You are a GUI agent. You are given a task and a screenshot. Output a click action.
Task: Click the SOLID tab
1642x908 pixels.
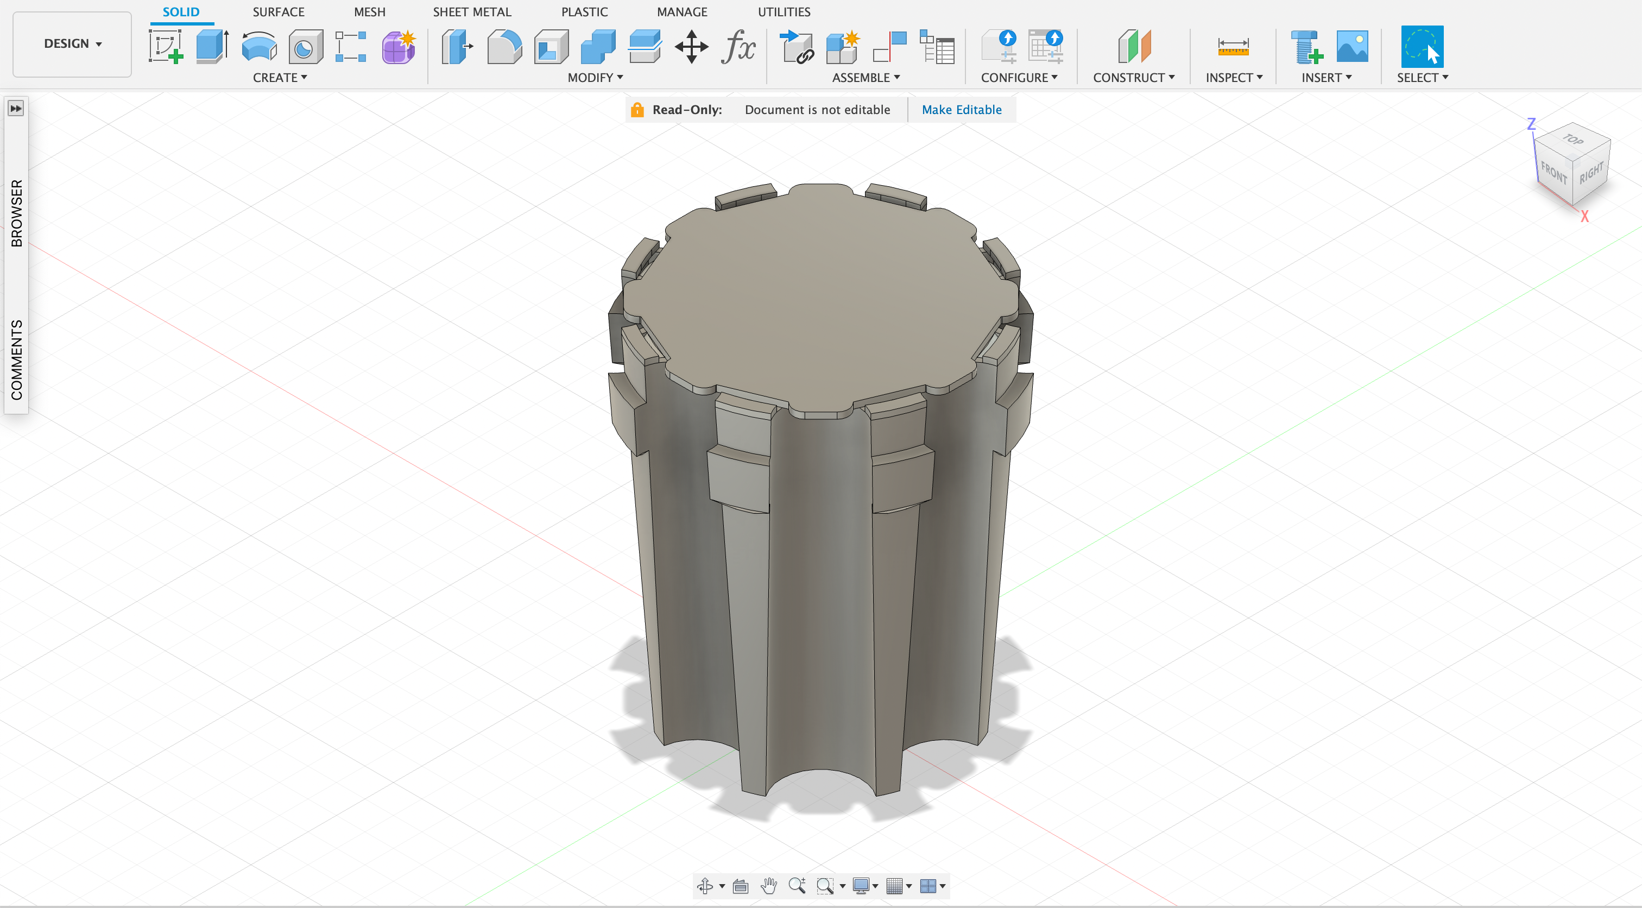[x=181, y=12]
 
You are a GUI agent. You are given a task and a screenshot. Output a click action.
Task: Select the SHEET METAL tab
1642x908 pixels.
[x=472, y=12]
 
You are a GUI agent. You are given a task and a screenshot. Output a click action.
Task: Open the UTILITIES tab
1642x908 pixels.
[x=784, y=12]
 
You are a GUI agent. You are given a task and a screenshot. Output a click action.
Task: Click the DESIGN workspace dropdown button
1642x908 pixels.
[x=72, y=44]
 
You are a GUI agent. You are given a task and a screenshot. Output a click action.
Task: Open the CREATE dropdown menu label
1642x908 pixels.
[x=280, y=78]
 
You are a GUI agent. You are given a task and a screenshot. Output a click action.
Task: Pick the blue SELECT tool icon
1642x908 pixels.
[x=1422, y=47]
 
